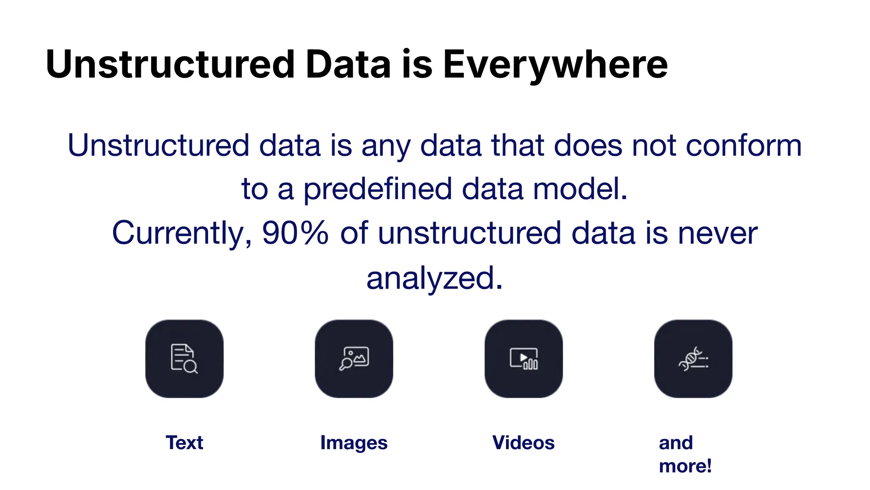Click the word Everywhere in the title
point(555,65)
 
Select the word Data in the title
point(348,65)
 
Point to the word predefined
point(377,189)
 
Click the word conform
point(743,145)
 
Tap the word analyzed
point(435,278)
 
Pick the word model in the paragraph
point(580,189)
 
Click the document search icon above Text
point(184,359)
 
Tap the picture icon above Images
point(354,359)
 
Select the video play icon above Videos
point(523,359)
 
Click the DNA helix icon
point(693,359)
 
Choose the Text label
point(184,442)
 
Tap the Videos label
point(523,442)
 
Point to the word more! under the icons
point(685,466)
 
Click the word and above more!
point(676,442)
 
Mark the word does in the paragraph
point(588,145)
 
